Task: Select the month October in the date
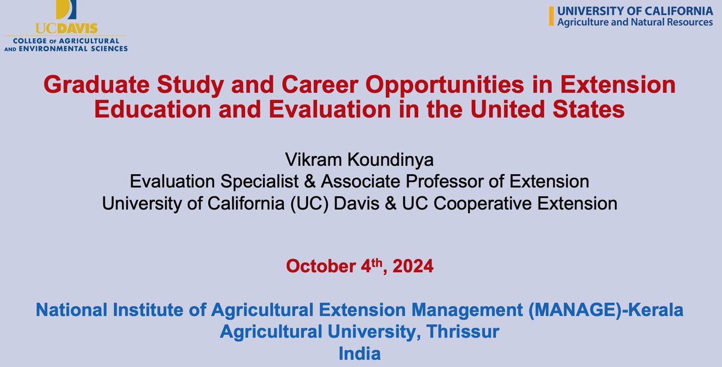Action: click(x=320, y=266)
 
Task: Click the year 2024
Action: click(x=412, y=266)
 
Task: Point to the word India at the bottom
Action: click(x=360, y=353)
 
